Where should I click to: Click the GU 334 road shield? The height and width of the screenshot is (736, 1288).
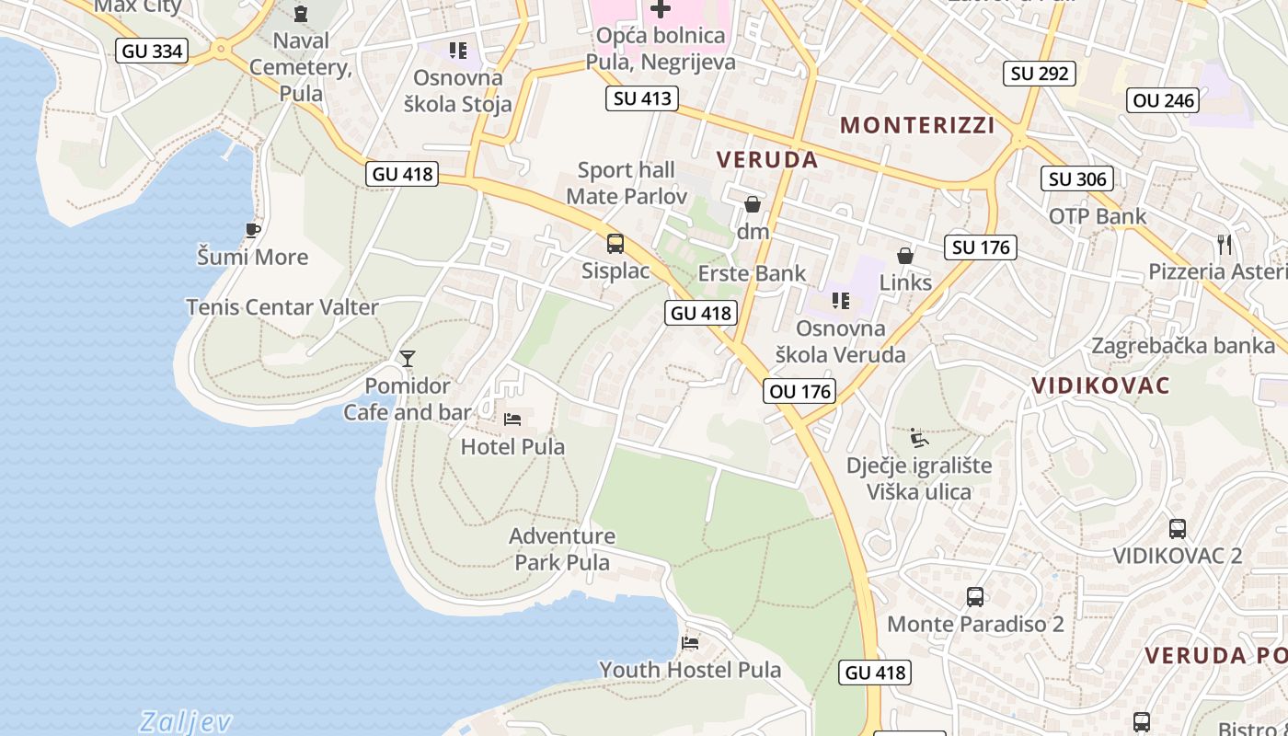[153, 51]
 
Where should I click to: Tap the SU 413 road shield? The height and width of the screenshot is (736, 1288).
[642, 98]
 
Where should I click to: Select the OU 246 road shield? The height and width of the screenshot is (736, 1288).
[1164, 100]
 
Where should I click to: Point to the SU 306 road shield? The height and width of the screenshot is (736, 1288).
[1077, 178]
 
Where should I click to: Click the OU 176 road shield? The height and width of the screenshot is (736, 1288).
[800, 391]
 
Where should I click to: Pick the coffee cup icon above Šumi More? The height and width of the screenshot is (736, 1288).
[253, 230]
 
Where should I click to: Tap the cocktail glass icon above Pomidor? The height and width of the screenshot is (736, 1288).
[408, 359]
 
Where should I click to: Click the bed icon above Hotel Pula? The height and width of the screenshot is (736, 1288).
[512, 420]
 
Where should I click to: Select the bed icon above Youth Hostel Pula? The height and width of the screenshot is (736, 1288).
[690, 642]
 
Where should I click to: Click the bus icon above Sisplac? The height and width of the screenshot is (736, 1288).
[615, 244]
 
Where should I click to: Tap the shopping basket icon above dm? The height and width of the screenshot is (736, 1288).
[753, 204]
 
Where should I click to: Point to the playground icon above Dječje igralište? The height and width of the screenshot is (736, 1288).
[917, 438]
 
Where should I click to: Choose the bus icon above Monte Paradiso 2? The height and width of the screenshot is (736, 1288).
[975, 597]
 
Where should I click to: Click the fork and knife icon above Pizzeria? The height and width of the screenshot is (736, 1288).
[1224, 244]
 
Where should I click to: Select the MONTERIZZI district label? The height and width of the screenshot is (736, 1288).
[917, 125]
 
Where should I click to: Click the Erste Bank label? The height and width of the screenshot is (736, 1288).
[752, 273]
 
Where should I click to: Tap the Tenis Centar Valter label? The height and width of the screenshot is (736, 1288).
[282, 307]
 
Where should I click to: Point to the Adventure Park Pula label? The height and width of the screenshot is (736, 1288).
[562, 548]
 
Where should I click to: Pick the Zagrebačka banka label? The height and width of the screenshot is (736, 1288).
[1183, 346]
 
